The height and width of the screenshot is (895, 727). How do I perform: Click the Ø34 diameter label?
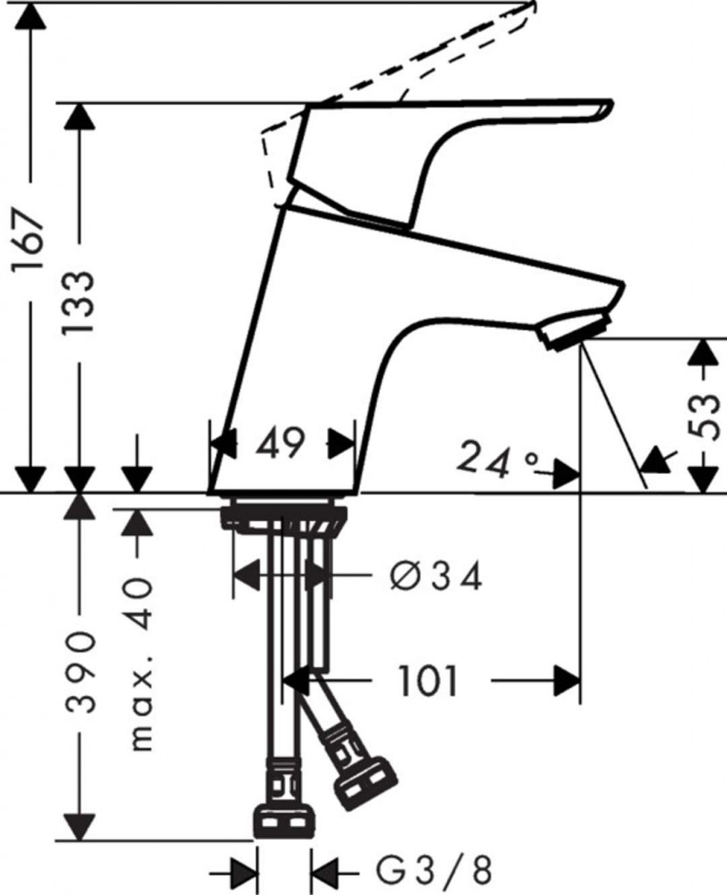tap(435, 576)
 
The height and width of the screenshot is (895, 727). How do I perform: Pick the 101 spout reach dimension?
tap(429, 680)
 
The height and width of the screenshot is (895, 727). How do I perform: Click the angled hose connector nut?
tap(365, 778)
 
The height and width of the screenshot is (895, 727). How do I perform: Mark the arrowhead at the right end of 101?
tap(567, 680)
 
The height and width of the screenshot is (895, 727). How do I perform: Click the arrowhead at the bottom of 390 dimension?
tap(80, 826)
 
